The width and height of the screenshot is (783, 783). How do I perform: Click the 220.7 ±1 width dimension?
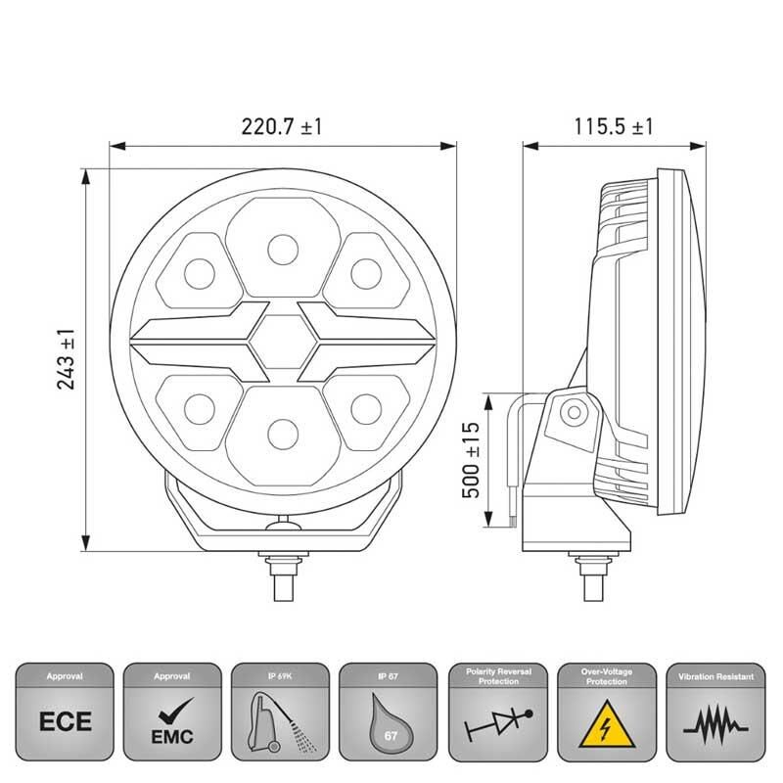[x=282, y=127]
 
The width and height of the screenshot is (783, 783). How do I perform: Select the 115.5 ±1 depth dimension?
[x=614, y=127]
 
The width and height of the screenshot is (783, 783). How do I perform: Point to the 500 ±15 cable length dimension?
[x=470, y=460]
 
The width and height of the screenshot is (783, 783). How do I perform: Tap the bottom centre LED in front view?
[x=282, y=430]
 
